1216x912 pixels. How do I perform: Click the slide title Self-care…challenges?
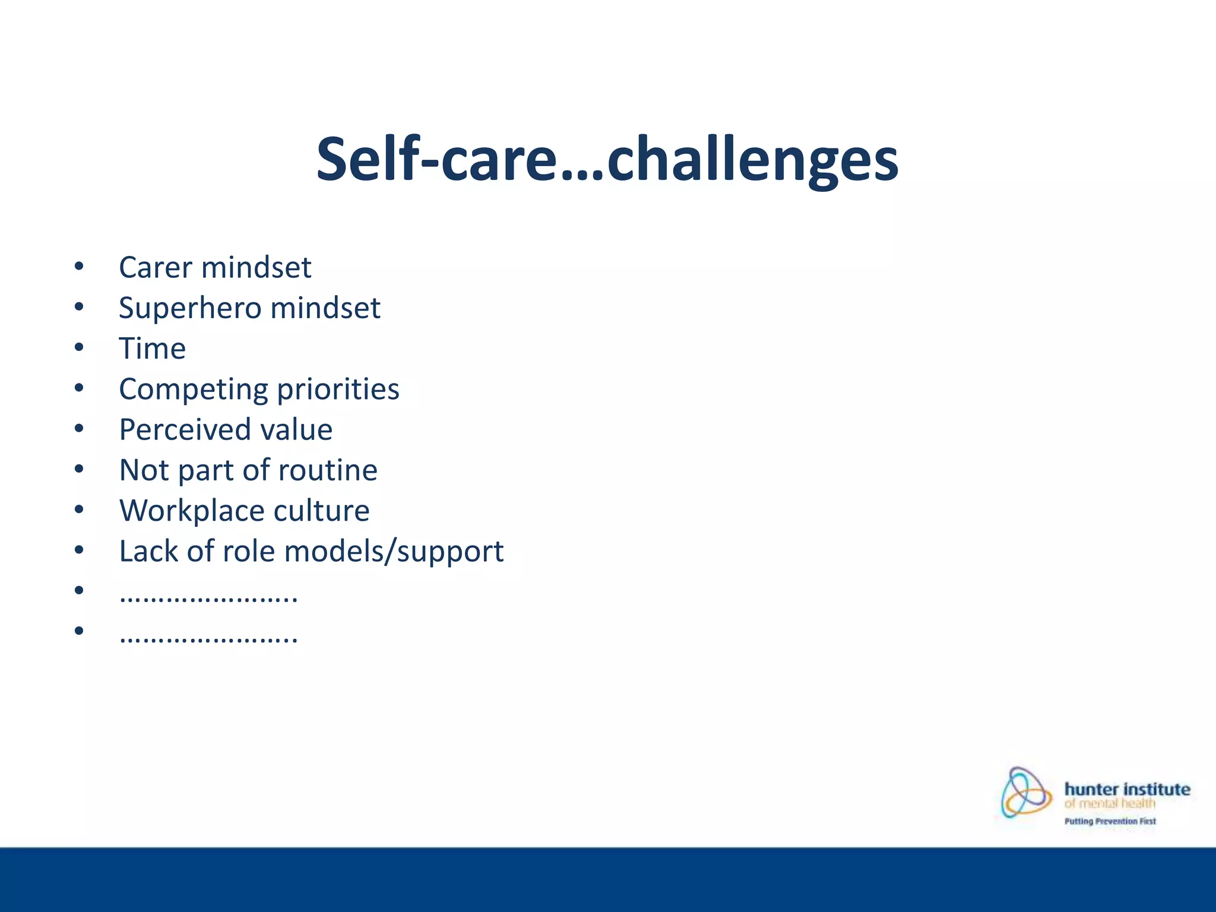[x=607, y=159]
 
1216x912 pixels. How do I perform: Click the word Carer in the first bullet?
[x=156, y=267]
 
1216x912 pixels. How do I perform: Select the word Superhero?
[x=190, y=308]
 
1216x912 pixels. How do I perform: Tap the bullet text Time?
[x=152, y=349]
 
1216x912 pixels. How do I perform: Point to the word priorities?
[x=338, y=390]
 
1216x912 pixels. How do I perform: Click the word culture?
[x=321, y=511]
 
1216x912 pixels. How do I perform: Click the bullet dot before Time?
[x=79, y=347]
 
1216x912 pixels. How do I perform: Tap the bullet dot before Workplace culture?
[x=79, y=509]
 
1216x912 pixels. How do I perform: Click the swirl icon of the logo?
[x=1025, y=793]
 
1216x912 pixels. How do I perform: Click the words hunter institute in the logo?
[x=1127, y=789]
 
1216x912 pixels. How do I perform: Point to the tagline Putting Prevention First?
[x=1110, y=821]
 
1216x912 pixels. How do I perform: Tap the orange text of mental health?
[x=1109, y=804]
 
